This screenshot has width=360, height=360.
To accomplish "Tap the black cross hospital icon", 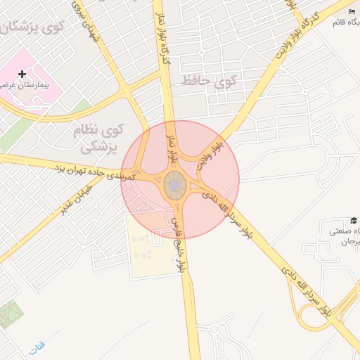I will tap(22, 73).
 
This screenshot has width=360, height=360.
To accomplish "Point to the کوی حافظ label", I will tap(209, 81).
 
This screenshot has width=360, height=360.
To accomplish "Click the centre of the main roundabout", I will tap(175, 186).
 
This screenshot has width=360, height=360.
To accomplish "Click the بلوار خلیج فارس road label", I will tap(178, 243).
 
